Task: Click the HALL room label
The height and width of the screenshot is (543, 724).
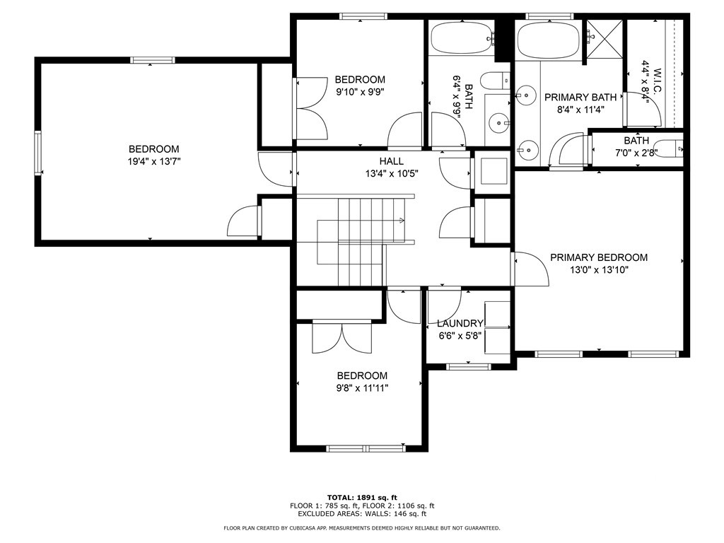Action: click(392, 161)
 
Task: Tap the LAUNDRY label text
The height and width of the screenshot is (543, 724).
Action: click(460, 324)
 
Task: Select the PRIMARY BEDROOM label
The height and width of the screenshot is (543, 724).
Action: click(599, 257)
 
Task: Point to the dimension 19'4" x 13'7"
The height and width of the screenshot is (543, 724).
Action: click(153, 162)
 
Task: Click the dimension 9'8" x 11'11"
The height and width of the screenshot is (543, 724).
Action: click(362, 388)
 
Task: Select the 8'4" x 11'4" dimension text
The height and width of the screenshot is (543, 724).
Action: click(580, 110)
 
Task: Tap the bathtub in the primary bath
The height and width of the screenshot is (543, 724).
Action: click(548, 40)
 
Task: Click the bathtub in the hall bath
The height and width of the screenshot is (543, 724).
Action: click(461, 38)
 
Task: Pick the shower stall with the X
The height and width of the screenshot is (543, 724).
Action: click(605, 39)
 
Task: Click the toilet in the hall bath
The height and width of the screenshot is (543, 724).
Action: click(495, 82)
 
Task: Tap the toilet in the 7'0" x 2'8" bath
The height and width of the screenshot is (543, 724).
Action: click(670, 148)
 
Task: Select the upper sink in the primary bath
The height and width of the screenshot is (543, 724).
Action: click(525, 95)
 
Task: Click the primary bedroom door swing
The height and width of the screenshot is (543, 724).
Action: click(532, 269)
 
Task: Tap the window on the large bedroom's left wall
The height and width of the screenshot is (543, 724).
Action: click(38, 153)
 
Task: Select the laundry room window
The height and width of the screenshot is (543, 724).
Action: click(468, 367)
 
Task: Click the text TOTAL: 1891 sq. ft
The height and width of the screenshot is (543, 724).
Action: click(362, 497)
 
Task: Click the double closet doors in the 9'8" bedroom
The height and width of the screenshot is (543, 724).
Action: click(342, 338)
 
